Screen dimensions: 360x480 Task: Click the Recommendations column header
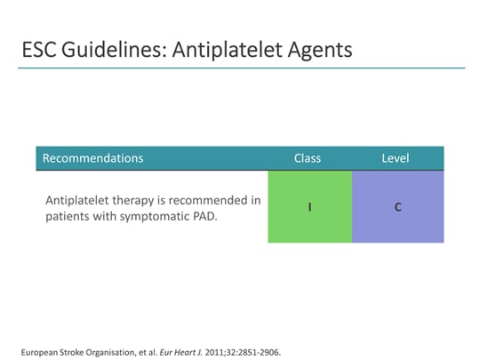(x=92, y=158)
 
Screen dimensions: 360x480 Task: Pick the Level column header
(x=395, y=158)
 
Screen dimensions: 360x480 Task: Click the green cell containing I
(x=309, y=206)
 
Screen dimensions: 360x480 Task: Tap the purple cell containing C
(x=397, y=206)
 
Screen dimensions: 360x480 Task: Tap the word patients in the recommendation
(x=67, y=217)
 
